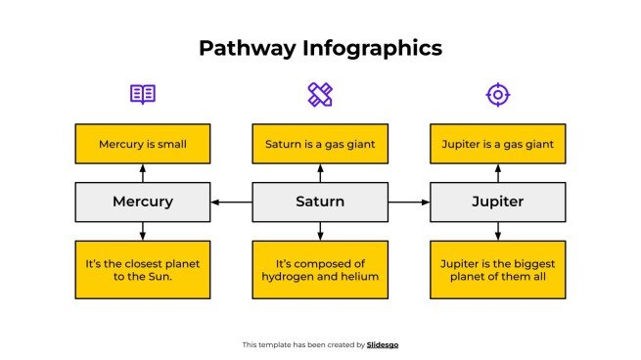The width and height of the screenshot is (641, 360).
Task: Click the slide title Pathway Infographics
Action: (x=320, y=48)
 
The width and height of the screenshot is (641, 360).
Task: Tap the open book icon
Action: (x=143, y=94)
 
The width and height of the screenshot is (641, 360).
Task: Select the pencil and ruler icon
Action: (x=320, y=94)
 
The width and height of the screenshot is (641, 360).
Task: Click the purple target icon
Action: (x=497, y=94)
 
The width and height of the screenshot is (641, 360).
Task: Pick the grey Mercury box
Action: (x=143, y=202)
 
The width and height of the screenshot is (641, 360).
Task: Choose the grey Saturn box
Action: (x=320, y=202)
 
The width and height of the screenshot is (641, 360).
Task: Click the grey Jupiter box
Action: (x=497, y=202)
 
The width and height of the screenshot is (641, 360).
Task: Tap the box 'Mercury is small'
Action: (x=143, y=144)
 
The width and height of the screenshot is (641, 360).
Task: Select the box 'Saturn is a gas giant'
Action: (x=320, y=144)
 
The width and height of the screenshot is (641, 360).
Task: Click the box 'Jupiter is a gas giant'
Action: (x=497, y=144)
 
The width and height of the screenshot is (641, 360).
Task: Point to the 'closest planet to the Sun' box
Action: (x=143, y=269)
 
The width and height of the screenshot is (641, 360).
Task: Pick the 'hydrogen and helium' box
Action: (x=320, y=269)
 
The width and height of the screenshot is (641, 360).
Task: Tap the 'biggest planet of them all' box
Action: (x=497, y=269)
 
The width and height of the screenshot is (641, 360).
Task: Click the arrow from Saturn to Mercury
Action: (x=231, y=202)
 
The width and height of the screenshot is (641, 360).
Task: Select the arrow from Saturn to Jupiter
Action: (x=409, y=202)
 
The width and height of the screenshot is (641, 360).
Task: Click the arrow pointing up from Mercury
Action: (x=143, y=173)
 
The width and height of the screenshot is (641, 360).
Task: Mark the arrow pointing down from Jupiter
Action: (x=497, y=231)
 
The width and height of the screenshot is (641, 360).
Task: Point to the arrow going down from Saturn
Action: (x=320, y=231)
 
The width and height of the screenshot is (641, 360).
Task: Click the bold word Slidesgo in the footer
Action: (x=383, y=344)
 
